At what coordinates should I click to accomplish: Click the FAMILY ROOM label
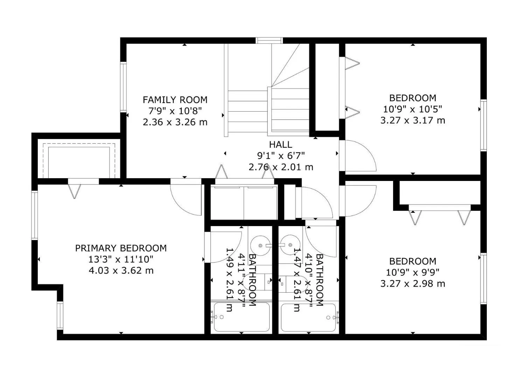pyautogui.click(x=175, y=100)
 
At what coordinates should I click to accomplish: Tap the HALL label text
pyautogui.click(x=281, y=145)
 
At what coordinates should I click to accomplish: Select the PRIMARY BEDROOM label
pyautogui.click(x=121, y=248)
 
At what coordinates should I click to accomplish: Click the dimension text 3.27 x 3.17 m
pyautogui.click(x=413, y=120)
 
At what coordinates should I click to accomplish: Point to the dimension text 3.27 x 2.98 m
pyautogui.click(x=413, y=284)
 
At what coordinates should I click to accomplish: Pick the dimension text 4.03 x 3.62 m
pyautogui.click(x=121, y=271)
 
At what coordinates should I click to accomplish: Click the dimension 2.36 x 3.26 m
pyautogui.click(x=175, y=122)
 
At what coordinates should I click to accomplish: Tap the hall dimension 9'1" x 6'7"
pyautogui.click(x=281, y=155)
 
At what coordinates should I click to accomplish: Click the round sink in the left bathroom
pyautogui.click(x=260, y=245)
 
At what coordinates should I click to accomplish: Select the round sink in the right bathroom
pyautogui.click(x=290, y=245)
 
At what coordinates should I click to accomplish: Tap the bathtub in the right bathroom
pyautogui.click(x=308, y=318)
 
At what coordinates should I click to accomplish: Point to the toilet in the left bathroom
pyautogui.click(x=257, y=283)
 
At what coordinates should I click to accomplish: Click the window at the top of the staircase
pyautogui.click(x=269, y=41)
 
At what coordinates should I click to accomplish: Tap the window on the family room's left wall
pyautogui.click(x=124, y=87)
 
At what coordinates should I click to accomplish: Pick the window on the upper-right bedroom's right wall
pyautogui.click(x=483, y=125)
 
